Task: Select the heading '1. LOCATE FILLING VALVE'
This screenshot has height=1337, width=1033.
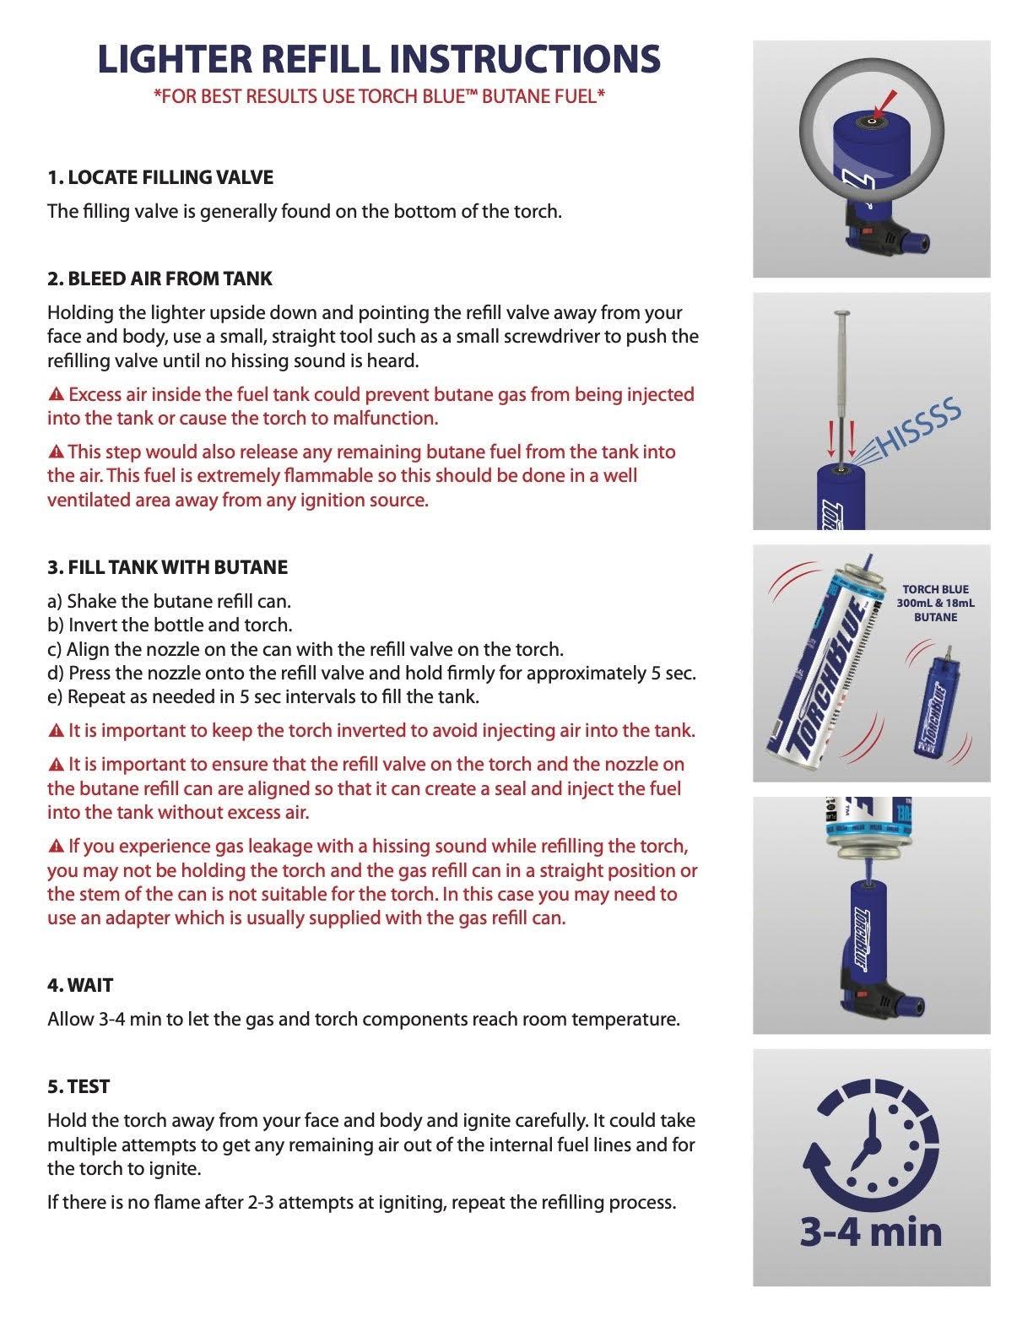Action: [x=160, y=177]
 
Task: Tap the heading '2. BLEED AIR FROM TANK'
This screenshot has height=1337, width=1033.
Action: [x=160, y=279]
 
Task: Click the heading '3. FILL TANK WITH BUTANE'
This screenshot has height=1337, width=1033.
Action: [x=167, y=567]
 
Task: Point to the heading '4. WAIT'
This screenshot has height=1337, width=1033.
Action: [x=80, y=985]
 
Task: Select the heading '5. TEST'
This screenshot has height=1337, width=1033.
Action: [x=78, y=1086]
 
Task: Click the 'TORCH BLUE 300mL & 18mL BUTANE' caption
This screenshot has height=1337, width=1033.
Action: [x=935, y=603]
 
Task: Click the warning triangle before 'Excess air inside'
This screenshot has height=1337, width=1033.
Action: [x=56, y=395]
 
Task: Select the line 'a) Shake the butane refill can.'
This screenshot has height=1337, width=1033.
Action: [x=169, y=602]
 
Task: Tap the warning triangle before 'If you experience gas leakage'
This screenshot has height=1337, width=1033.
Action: [x=56, y=847]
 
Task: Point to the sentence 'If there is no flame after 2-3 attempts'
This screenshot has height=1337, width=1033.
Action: [x=361, y=1202]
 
